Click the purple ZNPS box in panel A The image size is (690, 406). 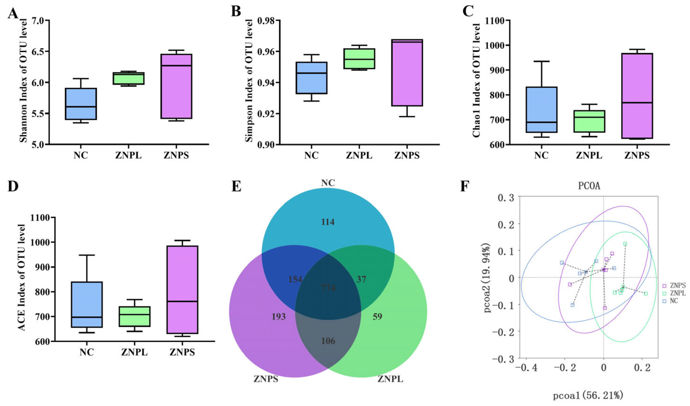pyautogui.click(x=176, y=86)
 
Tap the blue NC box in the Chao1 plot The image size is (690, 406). pyautogui.click(x=541, y=109)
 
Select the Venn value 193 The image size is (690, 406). pyautogui.click(x=278, y=316)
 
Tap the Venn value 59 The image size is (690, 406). pyautogui.click(x=377, y=316)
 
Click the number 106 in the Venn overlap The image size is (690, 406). pyautogui.click(x=328, y=341)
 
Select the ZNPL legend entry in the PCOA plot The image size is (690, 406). pyautogui.click(x=678, y=293)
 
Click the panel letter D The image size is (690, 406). pyautogui.click(x=13, y=187)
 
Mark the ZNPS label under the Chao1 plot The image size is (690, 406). pyautogui.click(x=637, y=155)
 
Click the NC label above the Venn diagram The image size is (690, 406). pyautogui.click(x=328, y=183)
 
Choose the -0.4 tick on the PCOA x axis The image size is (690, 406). pyautogui.click(x=527, y=368)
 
